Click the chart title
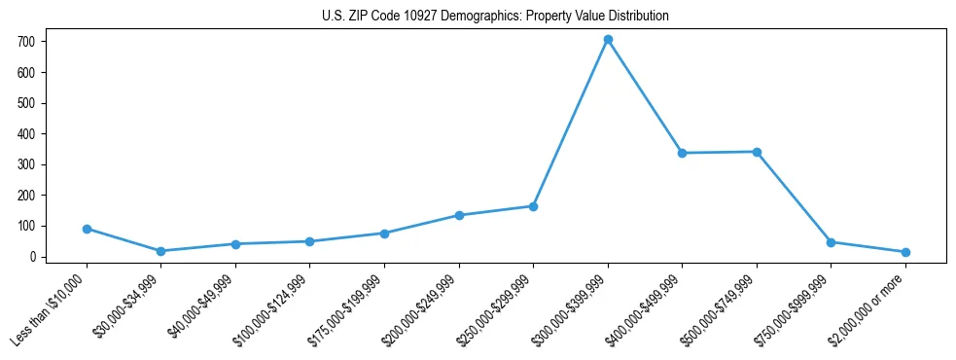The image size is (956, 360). point(495,17)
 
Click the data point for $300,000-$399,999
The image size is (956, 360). point(608,40)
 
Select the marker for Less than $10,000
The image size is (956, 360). point(87,229)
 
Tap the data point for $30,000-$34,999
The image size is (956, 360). point(161,251)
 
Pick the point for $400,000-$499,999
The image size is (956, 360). point(682,153)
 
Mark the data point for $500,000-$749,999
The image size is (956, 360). point(757,152)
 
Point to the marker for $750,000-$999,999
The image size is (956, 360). point(831,242)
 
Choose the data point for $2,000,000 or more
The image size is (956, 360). point(905,252)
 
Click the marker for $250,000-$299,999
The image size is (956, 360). point(533,206)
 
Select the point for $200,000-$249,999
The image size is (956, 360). point(459,215)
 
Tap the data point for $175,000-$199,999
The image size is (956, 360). point(384,234)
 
